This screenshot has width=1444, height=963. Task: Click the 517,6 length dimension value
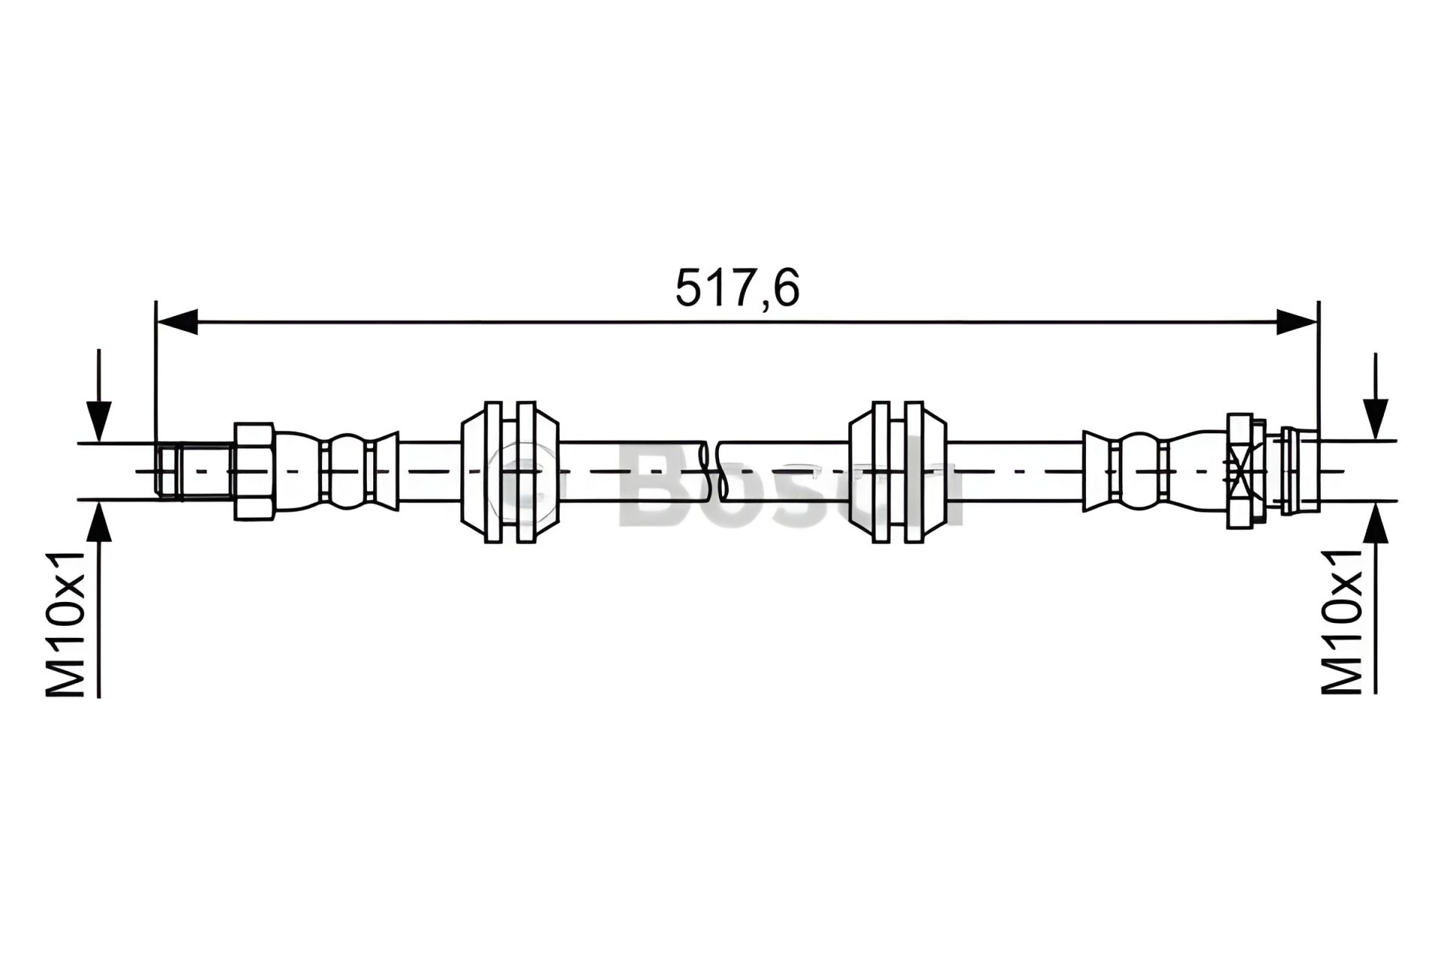coord(737,288)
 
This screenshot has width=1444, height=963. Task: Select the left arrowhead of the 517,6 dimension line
coord(176,321)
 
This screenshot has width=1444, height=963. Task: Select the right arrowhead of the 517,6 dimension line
coord(1297,321)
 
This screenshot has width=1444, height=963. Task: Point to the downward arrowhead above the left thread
coord(99,421)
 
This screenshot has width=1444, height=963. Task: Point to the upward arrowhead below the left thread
coord(99,521)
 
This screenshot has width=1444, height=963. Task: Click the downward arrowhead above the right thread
coord(1376,419)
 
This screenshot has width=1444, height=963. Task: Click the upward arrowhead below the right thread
coord(1376,523)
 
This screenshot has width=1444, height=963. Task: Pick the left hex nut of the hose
coord(253,471)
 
